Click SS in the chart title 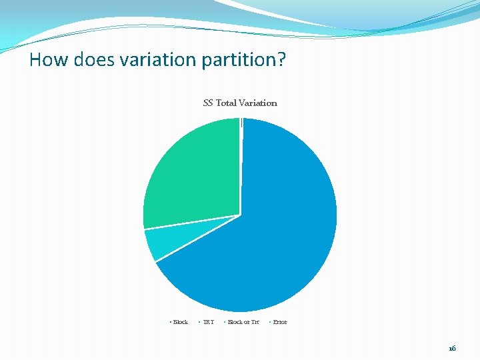[x=208, y=103]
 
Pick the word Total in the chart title [x=227, y=103]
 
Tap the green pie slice [x=193, y=173]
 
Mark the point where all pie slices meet [x=240, y=215]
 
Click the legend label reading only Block [x=181, y=322]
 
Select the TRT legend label [x=209, y=322]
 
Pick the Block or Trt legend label [x=243, y=322]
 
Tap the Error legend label [x=280, y=322]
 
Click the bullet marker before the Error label [x=270, y=322]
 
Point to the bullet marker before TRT [x=199, y=322]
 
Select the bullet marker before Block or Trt [x=225, y=322]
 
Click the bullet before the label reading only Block [x=171, y=322]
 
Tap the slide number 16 [x=453, y=348]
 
